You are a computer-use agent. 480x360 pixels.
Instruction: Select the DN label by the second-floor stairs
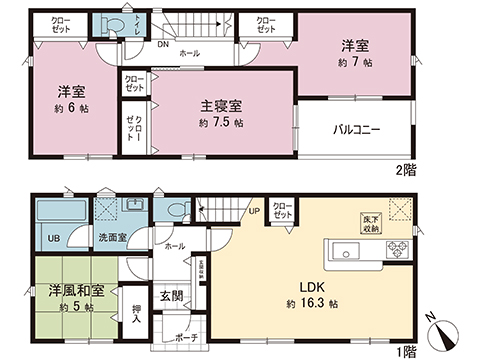coord(162,44)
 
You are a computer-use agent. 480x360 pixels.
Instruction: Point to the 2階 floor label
coord(407,170)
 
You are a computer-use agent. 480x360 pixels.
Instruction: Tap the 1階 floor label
coord(406,353)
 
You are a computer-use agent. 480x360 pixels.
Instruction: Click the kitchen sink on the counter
coord(347,249)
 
